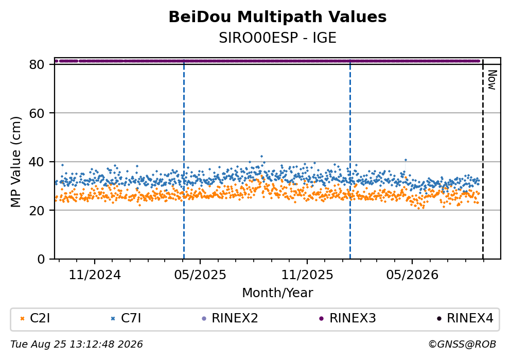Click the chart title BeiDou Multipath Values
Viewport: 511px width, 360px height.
click(277, 17)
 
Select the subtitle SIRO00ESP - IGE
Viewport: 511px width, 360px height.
click(277, 38)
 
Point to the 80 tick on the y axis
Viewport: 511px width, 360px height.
click(37, 64)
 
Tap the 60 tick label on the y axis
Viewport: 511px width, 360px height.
click(37, 113)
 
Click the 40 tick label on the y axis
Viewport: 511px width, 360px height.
click(37, 162)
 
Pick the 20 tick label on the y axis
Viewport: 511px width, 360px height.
click(37, 210)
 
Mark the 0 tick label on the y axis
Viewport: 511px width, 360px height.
click(41, 259)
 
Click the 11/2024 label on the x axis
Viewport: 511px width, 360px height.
click(95, 275)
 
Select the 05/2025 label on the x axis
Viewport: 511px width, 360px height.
click(200, 275)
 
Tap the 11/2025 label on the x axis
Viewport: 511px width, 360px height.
click(307, 275)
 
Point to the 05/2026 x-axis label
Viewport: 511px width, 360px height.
click(412, 275)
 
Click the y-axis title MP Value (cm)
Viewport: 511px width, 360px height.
click(15, 162)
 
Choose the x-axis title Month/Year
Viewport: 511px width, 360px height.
click(277, 293)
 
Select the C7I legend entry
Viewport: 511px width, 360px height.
click(126, 318)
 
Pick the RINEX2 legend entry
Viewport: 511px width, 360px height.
click(230, 318)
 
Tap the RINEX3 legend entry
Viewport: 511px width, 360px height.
click(347, 318)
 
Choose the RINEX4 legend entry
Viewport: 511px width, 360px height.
click(465, 318)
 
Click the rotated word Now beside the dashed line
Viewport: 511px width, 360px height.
click(492, 80)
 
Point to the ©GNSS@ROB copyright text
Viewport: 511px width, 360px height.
click(462, 345)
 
